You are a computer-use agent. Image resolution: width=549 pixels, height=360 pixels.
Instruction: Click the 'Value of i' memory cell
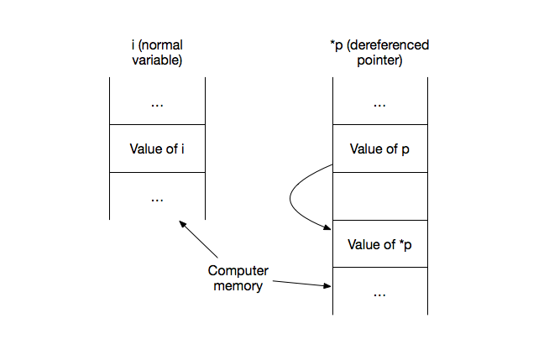pyautogui.click(x=157, y=149)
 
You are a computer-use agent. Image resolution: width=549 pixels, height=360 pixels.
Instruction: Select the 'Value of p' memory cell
pyautogui.click(x=379, y=149)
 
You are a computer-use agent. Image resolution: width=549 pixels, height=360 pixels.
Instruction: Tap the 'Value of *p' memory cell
pyautogui.click(x=379, y=244)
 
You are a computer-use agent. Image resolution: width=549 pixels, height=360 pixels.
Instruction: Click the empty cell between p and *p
pyautogui.click(x=379, y=196)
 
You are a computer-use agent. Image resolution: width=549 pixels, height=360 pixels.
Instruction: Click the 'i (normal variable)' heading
pyautogui.click(x=157, y=53)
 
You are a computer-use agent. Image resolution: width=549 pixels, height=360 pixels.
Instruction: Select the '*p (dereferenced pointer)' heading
pyautogui.click(x=379, y=53)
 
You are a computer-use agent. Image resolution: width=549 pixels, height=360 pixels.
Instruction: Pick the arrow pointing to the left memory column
pyautogui.click(x=198, y=239)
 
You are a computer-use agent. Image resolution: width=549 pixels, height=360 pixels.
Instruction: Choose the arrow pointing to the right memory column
pyautogui.click(x=298, y=283)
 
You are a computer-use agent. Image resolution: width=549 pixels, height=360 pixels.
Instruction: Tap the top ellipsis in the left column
pyautogui.click(x=157, y=103)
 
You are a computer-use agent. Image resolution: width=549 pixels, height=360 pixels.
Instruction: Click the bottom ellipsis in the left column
pyautogui.click(x=157, y=198)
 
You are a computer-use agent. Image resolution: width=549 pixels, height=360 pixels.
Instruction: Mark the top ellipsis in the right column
pyautogui.click(x=379, y=103)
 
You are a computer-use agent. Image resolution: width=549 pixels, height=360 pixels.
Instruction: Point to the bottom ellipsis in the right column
pyautogui.click(x=379, y=294)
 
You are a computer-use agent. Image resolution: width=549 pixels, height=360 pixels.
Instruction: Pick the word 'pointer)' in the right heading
pyautogui.click(x=379, y=60)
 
